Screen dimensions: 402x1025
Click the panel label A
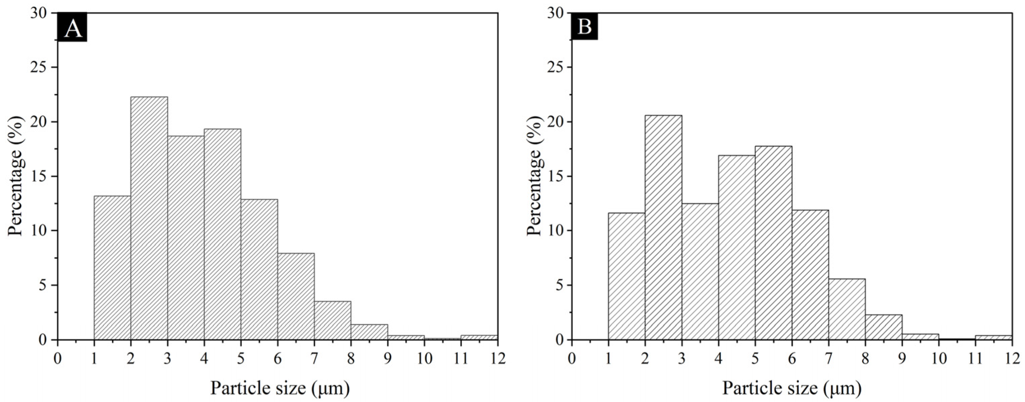tap(72, 28)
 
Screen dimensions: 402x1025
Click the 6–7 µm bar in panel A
tap(296, 296)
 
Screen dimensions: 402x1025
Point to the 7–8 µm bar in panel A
tap(333, 320)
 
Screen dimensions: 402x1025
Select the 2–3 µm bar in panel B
tap(663, 227)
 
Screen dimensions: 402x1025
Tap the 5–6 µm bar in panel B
tap(774, 243)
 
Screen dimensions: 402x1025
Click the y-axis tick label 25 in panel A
tap(39, 68)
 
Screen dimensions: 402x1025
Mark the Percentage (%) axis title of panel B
tap(534, 175)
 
